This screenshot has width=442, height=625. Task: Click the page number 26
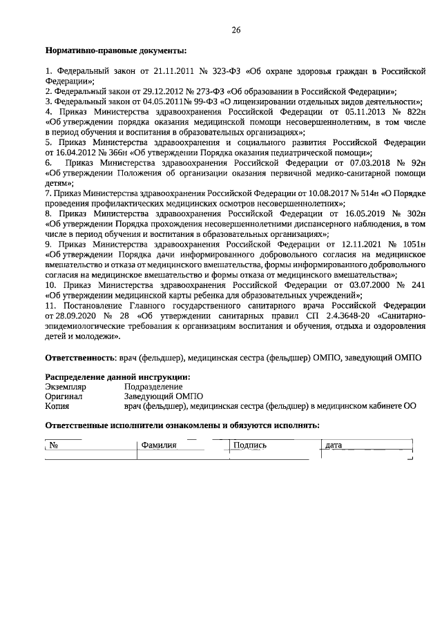pos(236,30)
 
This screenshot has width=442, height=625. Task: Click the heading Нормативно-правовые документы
pos(115,51)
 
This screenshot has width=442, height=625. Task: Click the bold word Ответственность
pos(79,358)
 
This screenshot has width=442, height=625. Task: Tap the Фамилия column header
pos(159,445)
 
